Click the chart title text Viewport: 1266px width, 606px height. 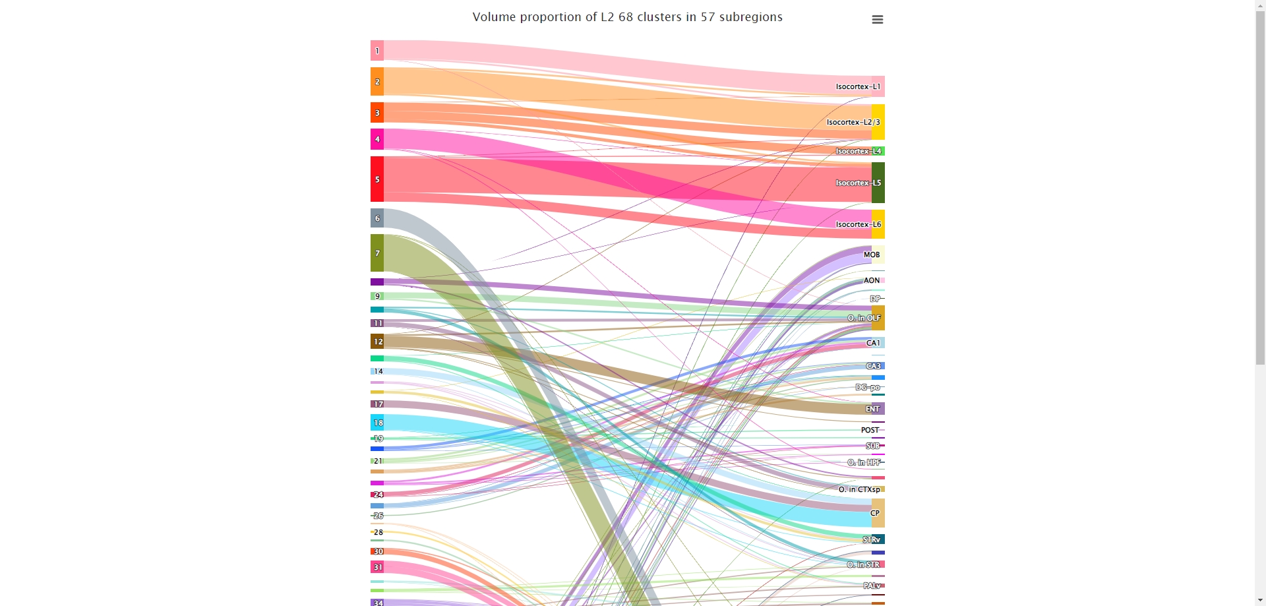[x=627, y=17]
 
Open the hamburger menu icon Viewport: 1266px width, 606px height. [x=877, y=20]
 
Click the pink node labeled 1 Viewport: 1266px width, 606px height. [x=377, y=51]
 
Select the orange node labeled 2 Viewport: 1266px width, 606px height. [x=377, y=82]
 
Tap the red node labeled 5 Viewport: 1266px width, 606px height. [x=377, y=179]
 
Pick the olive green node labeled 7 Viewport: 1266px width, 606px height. [x=377, y=253]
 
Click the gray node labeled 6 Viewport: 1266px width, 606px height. [x=377, y=218]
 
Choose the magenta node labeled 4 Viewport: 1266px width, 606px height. [x=377, y=139]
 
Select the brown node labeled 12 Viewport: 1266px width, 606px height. [x=377, y=342]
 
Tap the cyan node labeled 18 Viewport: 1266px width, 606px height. [x=377, y=423]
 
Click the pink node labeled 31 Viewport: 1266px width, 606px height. [x=377, y=567]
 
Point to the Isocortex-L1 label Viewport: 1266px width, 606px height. [x=858, y=86]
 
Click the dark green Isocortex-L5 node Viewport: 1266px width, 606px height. [x=878, y=183]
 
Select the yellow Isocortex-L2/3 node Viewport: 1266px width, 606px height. [x=878, y=122]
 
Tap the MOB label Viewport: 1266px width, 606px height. [x=872, y=255]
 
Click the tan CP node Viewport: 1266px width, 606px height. [x=878, y=513]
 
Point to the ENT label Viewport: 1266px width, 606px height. [x=872, y=409]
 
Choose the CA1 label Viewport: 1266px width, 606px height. [x=873, y=343]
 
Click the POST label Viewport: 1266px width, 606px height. [x=870, y=430]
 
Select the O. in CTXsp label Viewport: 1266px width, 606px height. [x=859, y=489]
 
